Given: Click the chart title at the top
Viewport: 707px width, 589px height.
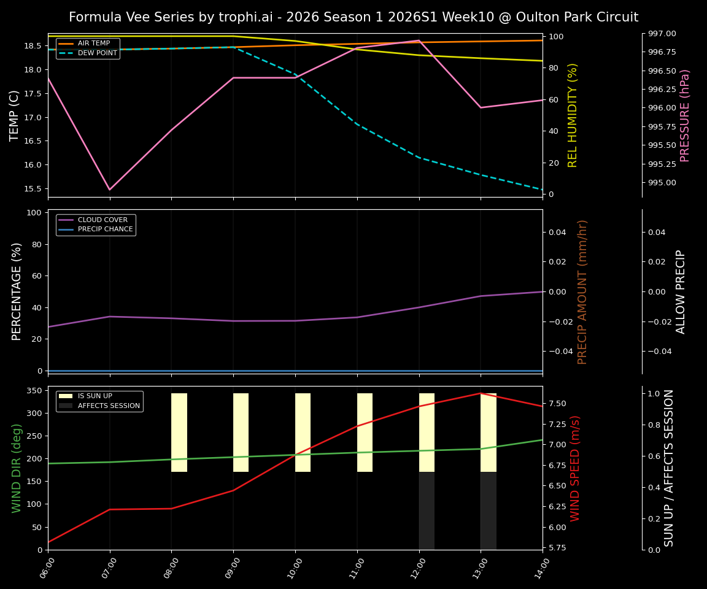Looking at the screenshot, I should coord(353,17).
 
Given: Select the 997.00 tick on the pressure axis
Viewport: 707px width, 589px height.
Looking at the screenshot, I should coord(659,34).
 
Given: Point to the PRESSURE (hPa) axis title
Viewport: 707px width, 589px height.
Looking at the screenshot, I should coord(685,115).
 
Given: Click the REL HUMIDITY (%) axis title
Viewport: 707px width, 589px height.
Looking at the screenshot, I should coord(573,115).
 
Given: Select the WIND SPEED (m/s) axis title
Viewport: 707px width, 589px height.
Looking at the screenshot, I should coord(575,468).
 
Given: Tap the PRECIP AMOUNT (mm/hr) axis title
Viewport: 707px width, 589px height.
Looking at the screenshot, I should coord(582,291).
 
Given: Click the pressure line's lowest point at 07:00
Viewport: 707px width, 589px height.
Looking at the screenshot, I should coord(110,190).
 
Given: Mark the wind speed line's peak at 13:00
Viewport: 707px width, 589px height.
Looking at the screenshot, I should coord(481,393).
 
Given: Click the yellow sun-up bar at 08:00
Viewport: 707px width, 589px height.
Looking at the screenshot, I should coord(179,433).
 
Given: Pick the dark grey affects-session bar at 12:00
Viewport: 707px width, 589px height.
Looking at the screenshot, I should coord(427,510).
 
